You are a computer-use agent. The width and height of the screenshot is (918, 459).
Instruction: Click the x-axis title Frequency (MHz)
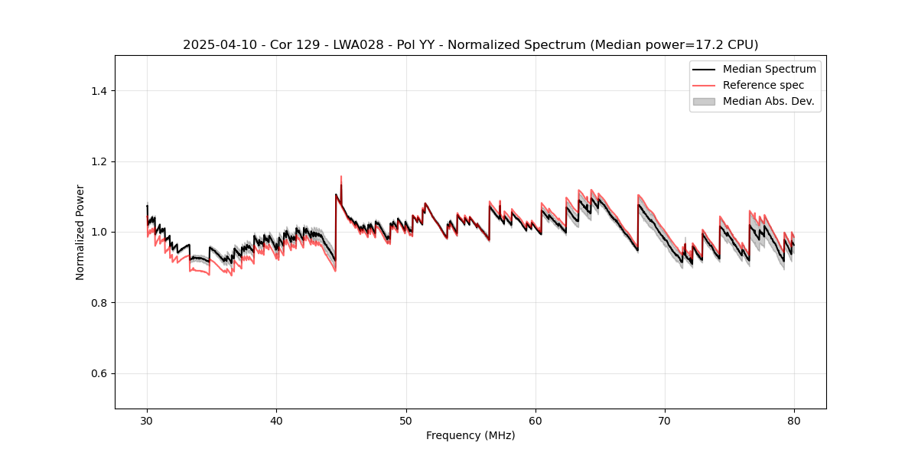click(470, 435)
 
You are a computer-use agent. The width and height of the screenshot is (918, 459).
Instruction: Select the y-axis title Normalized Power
click(80, 232)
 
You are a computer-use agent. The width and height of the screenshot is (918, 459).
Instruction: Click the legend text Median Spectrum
click(769, 69)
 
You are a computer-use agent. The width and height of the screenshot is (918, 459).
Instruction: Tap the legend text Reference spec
click(763, 85)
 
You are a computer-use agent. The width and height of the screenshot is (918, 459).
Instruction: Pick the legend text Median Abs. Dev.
click(768, 101)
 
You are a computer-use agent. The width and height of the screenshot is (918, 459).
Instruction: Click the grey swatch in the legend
click(704, 101)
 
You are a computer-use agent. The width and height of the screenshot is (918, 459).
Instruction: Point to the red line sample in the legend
click(704, 85)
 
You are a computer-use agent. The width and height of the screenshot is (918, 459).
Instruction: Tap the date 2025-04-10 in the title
click(216, 45)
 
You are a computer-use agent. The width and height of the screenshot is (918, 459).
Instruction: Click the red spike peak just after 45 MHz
click(341, 177)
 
